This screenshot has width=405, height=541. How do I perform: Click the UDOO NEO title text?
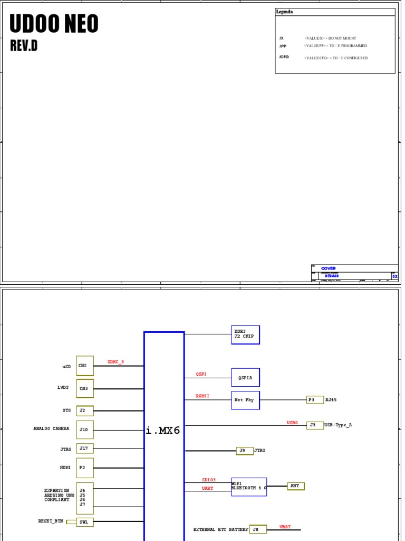pyautogui.click(x=54, y=24)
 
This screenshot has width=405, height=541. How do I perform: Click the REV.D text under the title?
pyautogui.click(x=24, y=46)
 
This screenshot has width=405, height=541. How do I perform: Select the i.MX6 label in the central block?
pyautogui.click(x=163, y=431)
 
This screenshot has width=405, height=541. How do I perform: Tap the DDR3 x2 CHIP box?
pyautogui.click(x=245, y=335)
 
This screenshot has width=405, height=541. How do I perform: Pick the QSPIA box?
pyautogui.click(x=245, y=377)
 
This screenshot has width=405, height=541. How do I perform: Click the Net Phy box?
pyautogui.click(x=245, y=400)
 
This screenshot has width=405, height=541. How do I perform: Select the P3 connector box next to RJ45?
pyautogui.click(x=315, y=400)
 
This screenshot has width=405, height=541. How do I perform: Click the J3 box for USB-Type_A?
pyautogui.click(x=315, y=425)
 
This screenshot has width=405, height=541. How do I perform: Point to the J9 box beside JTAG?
pyautogui.click(x=244, y=451)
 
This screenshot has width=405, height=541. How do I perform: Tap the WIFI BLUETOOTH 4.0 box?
pyautogui.click(x=249, y=486)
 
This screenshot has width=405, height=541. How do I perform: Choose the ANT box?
pyautogui.click(x=295, y=486)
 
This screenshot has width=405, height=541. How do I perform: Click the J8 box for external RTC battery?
pyautogui.click(x=258, y=529)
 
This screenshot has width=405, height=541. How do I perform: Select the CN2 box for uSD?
pyautogui.click(x=85, y=366)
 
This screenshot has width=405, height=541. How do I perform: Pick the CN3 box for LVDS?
pyautogui.click(x=85, y=388)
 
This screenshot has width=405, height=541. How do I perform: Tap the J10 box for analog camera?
pyautogui.click(x=85, y=430)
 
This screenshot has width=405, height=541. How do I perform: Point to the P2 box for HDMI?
pyautogui.click(x=85, y=468)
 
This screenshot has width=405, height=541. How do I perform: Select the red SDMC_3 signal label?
pyautogui.click(x=116, y=362)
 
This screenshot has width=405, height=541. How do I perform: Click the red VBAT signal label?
pyautogui.click(x=285, y=527)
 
